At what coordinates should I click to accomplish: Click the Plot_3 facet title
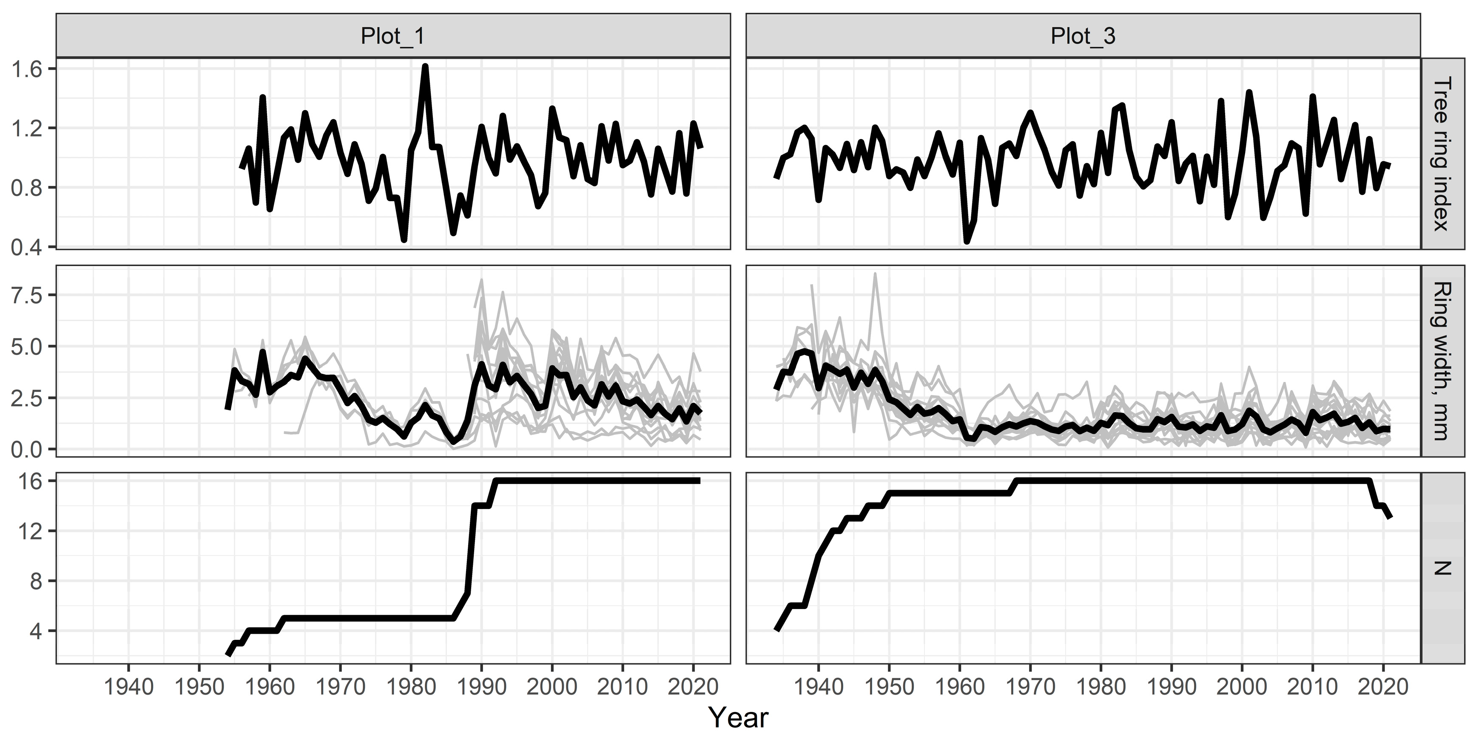1083,36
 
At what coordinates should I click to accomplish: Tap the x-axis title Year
738,717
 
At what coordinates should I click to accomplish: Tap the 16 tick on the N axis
31,481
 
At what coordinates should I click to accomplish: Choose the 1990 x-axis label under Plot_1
481,686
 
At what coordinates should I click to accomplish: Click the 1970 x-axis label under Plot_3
1030,686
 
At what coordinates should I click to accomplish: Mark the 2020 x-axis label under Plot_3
1383,686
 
